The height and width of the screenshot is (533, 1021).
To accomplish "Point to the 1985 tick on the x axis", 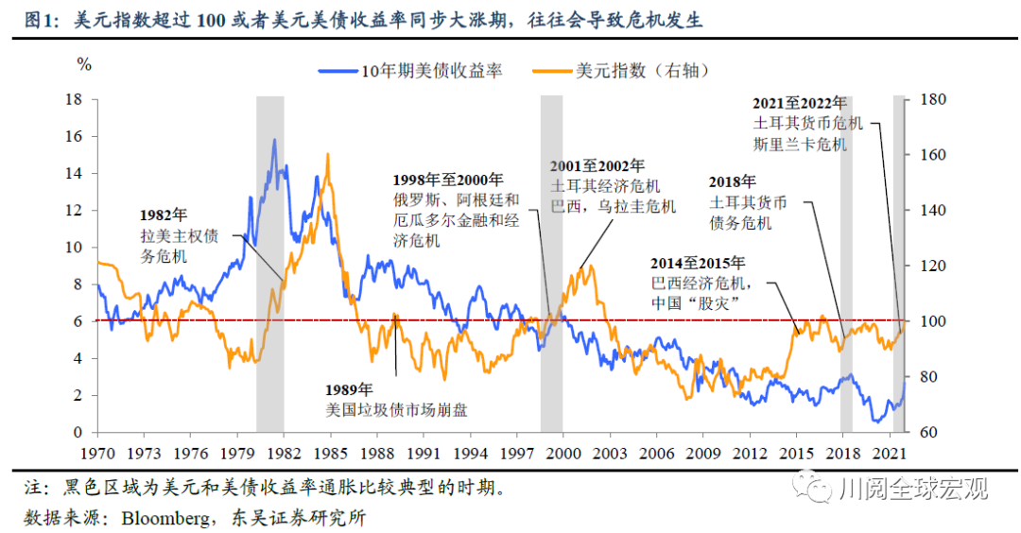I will click(330, 452).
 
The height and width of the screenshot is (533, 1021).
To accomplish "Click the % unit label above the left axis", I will click(84, 65).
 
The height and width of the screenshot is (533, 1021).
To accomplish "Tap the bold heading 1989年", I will click(350, 389).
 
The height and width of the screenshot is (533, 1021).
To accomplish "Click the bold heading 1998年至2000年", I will click(448, 180).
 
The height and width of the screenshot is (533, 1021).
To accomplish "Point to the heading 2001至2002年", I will click(597, 165).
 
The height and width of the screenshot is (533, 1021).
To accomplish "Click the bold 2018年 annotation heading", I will click(733, 181).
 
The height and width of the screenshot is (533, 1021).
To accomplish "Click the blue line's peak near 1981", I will click(275, 140).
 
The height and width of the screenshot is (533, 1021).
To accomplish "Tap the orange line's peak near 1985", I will click(328, 153).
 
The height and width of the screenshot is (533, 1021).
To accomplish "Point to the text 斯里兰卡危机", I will click(801, 145).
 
